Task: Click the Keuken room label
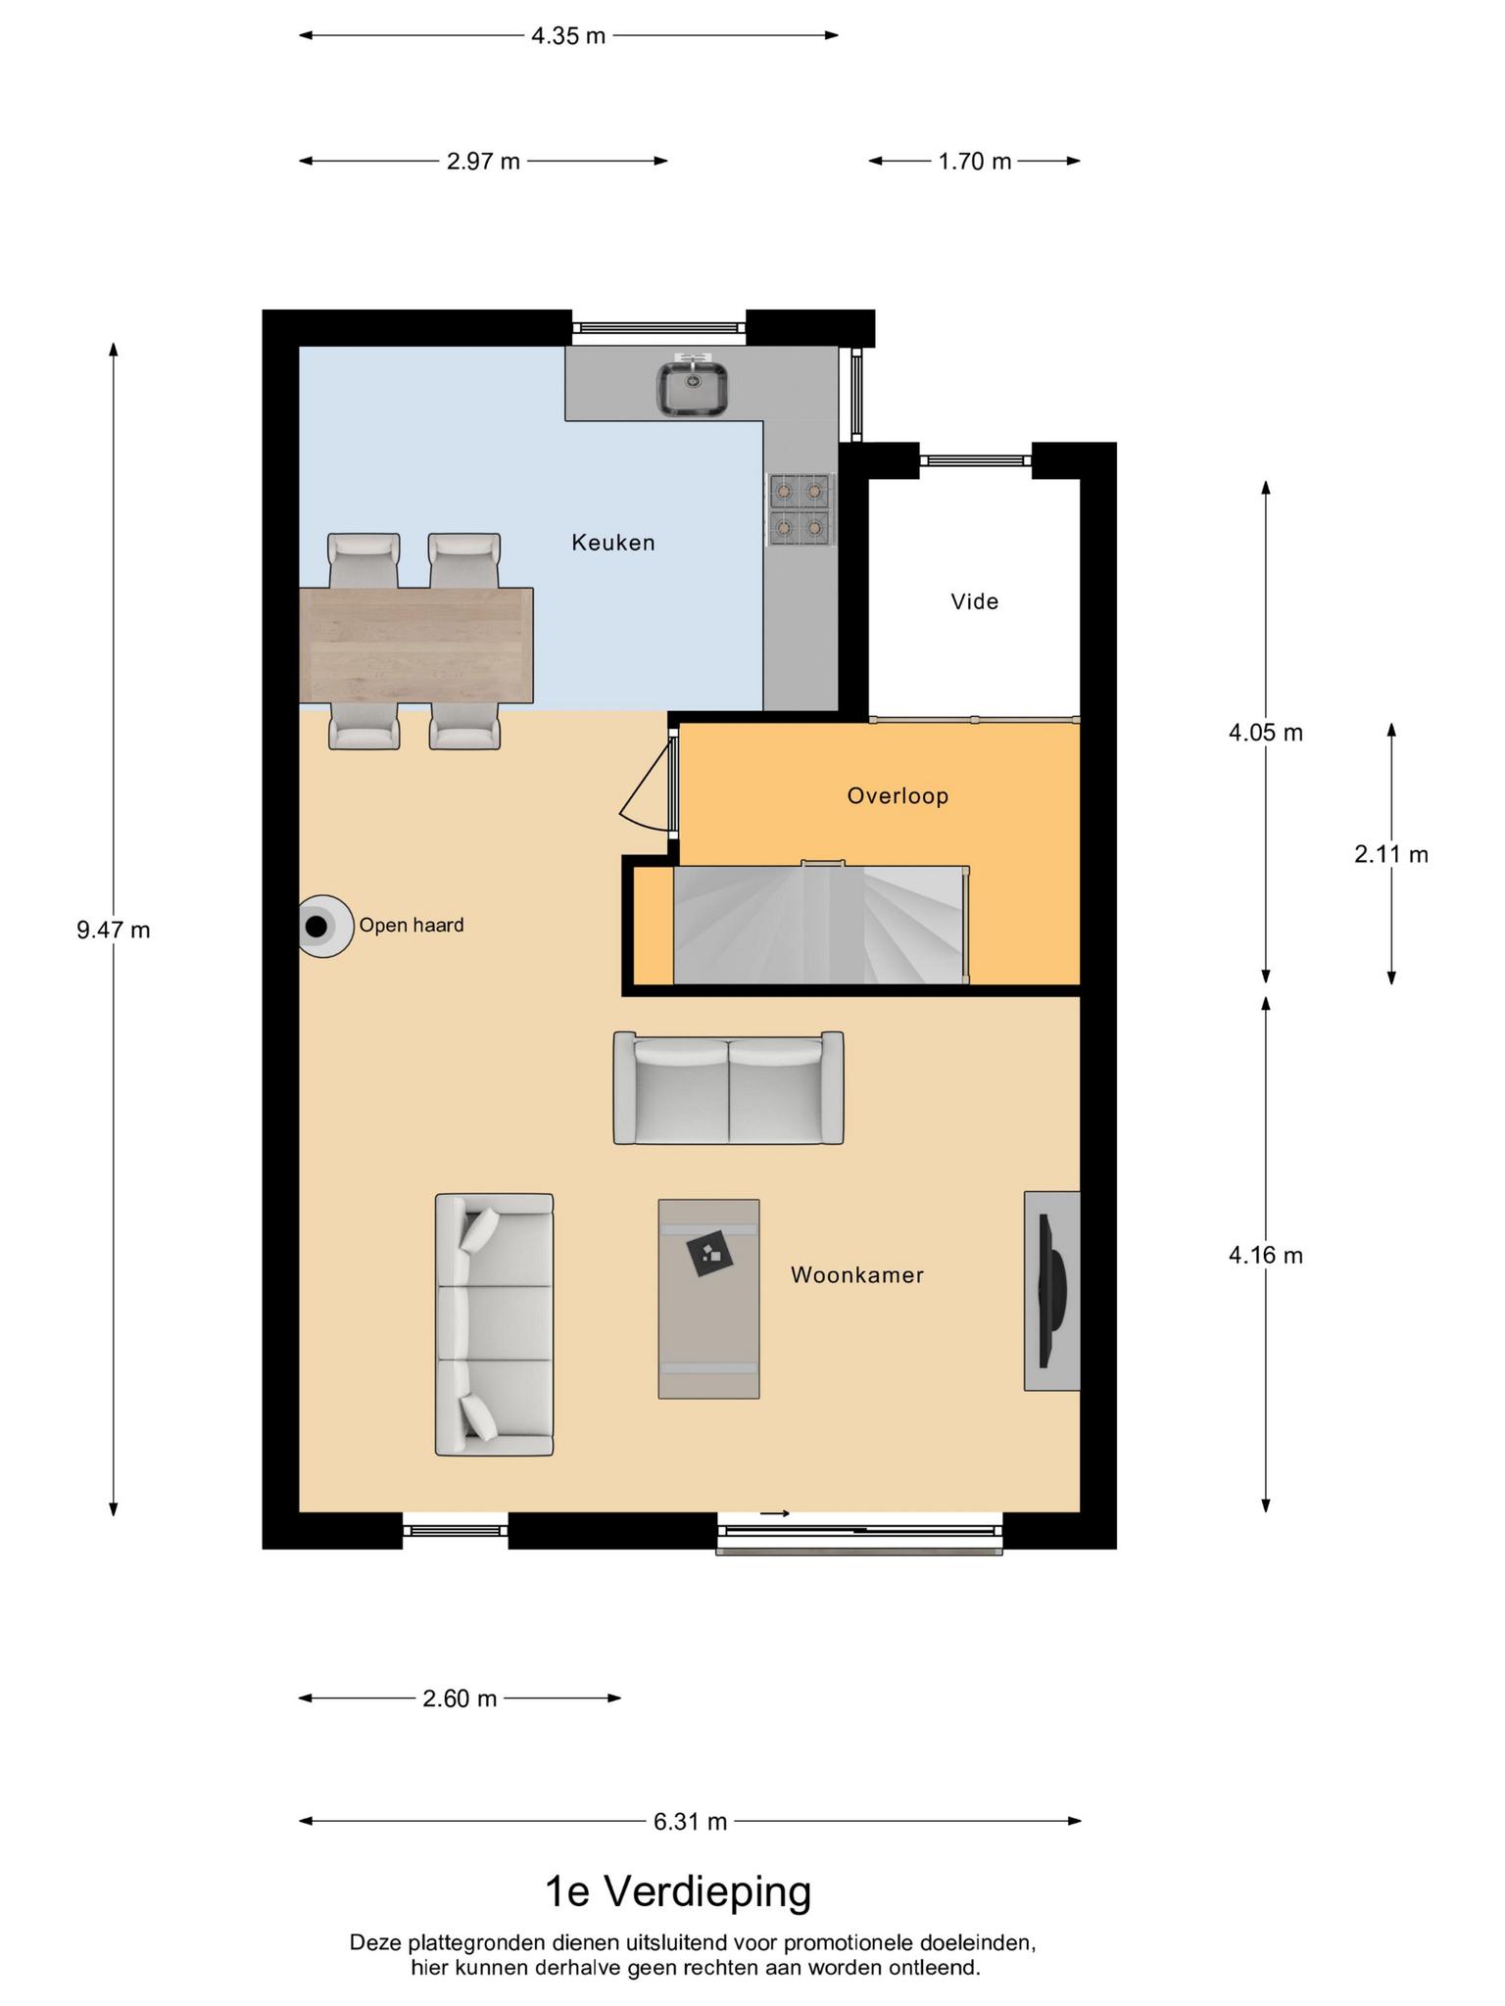pyautogui.click(x=613, y=543)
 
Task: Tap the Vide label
pyautogui.click(x=975, y=601)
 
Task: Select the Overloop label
pyautogui.click(x=898, y=796)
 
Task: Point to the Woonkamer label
pyautogui.click(x=857, y=1275)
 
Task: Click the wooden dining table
pyautogui.click(x=416, y=645)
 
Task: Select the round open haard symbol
pyautogui.click(x=324, y=926)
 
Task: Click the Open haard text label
pyautogui.click(x=412, y=926)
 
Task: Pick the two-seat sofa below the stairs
pyautogui.click(x=728, y=1087)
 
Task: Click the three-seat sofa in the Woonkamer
pyautogui.click(x=495, y=1324)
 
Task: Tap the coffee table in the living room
pyautogui.click(x=708, y=1299)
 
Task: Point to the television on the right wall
pyautogui.click(x=1053, y=1290)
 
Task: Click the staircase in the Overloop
pyautogui.click(x=820, y=925)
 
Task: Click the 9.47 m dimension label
pyautogui.click(x=114, y=930)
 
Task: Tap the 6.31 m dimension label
pyautogui.click(x=691, y=1821)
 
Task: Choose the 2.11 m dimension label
pyautogui.click(x=1391, y=854)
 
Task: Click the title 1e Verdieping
pyautogui.click(x=678, y=1892)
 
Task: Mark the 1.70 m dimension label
pyautogui.click(x=975, y=162)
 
